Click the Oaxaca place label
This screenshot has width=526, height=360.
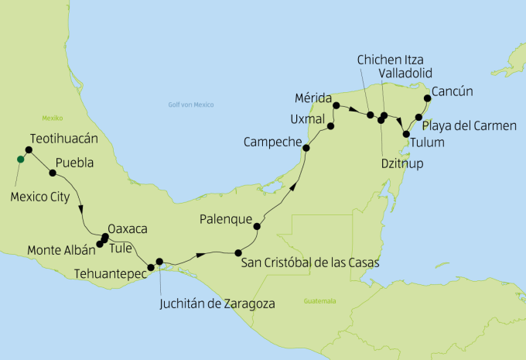(x=128, y=229)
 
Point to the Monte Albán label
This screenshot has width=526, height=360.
(x=60, y=250)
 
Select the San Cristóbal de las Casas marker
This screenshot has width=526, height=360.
(x=237, y=252)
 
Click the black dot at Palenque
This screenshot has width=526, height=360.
(x=257, y=226)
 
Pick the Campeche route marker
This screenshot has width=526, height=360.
(x=306, y=149)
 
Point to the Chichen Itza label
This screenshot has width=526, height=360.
(x=391, y=60)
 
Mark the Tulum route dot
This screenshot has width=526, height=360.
(x=407, y=134)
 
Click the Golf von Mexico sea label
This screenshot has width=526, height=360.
(x=190, y=105)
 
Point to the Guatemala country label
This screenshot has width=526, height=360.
(x=320, y=300)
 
